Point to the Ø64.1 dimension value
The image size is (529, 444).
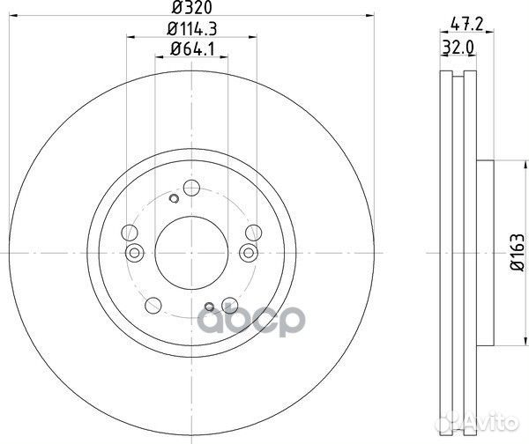190,52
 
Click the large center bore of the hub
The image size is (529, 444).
190,252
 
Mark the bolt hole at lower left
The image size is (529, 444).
153,307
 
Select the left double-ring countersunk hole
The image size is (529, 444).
135,254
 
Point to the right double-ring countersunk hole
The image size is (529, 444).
246,254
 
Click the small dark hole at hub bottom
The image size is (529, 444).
209,307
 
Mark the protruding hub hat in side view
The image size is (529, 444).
488,252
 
